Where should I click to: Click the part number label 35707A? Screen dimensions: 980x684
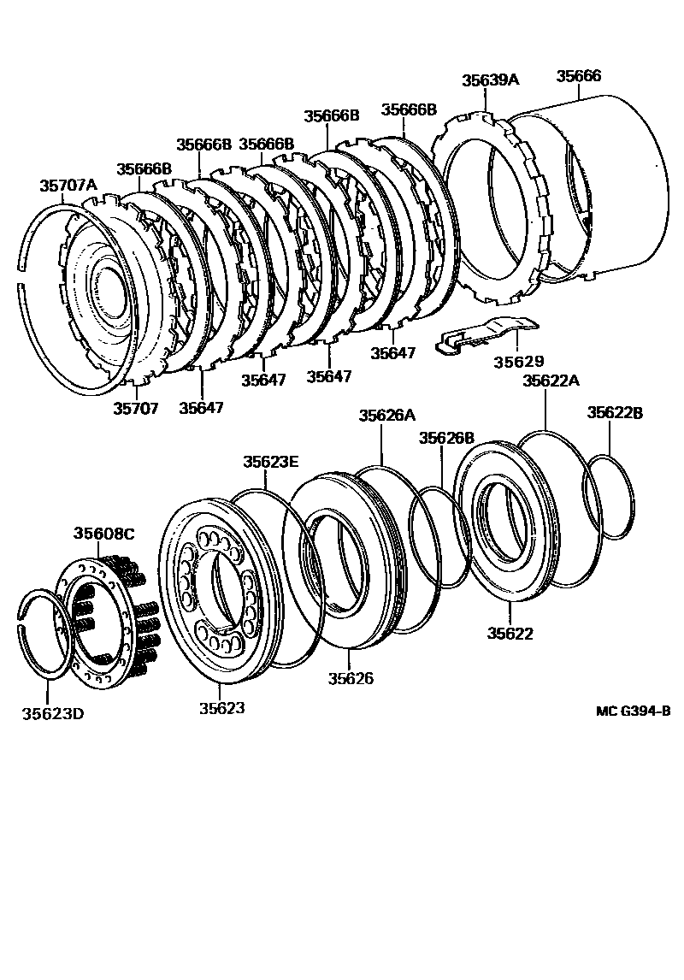68,185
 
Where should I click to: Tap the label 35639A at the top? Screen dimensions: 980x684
491,80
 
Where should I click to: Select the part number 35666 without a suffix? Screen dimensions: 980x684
579,76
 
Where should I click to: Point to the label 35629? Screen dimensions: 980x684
518,363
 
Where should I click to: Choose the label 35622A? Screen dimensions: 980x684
551,381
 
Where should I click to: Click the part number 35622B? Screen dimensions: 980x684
615,413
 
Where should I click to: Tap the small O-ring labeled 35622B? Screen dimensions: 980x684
610,496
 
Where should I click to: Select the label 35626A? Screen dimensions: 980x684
386,416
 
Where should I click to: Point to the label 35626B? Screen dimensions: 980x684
446,438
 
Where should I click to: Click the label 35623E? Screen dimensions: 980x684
270,462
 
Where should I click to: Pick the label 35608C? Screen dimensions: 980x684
103,534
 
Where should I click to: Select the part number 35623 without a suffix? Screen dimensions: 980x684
222,708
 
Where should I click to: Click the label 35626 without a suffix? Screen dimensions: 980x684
351,679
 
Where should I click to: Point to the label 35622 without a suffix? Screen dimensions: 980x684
510,634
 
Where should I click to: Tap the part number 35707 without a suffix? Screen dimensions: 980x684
136,408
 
